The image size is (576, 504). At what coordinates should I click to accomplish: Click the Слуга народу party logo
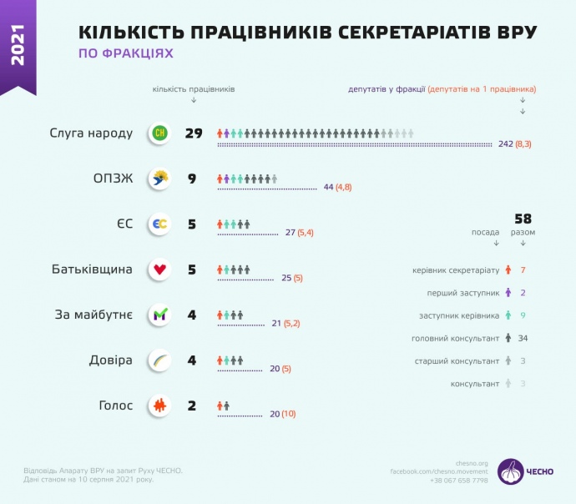tap(159, 134)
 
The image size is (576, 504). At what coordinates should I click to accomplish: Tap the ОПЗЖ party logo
tap(159, 178)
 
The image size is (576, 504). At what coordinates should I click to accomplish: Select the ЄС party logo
tap(159, 224)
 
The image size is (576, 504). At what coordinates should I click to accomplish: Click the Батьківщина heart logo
tap(159, 270)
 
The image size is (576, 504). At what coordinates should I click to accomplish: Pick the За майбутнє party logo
tap(159, 315)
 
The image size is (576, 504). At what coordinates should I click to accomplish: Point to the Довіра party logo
tap(159, 360)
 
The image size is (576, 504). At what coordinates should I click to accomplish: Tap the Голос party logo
tap(159, 406)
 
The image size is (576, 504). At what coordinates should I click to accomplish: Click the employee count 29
tap(195, 134)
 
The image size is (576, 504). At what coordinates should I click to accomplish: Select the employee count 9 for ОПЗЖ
tap(192, 178)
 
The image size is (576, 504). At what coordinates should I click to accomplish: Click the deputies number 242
tap(505, 144)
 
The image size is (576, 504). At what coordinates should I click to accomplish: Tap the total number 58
tap(523, 219)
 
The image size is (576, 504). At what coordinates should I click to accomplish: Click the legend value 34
tap(523, 338)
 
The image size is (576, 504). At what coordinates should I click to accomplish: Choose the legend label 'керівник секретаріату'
tap(456, 270)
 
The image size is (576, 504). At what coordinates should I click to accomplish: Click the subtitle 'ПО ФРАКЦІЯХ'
tap(126, 53)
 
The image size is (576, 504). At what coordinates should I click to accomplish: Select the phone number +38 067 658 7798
tap(461, 481)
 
